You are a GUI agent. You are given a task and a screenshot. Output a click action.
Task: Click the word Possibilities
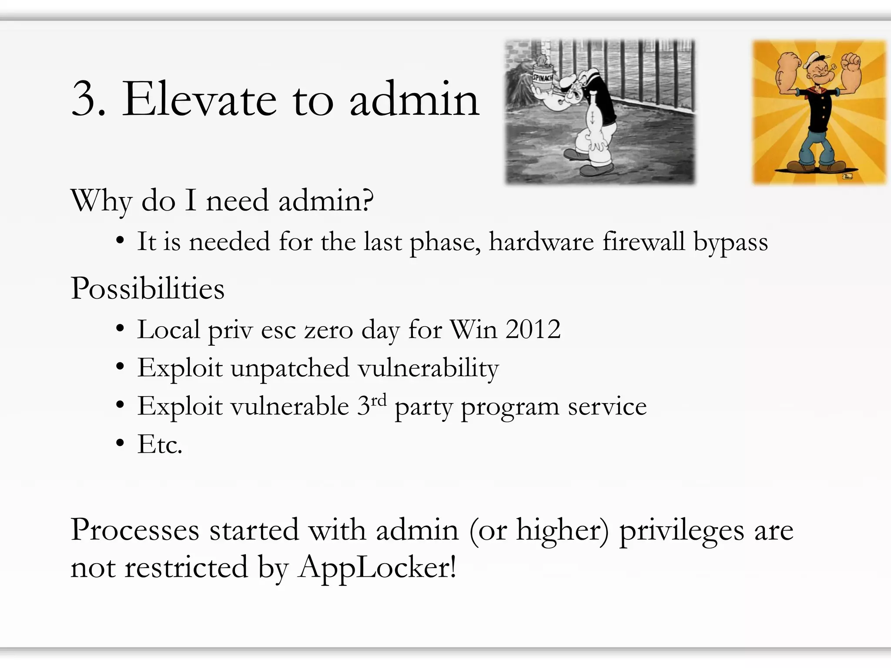click(147, 288)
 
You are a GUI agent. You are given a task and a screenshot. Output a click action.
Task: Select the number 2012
click(533, 329)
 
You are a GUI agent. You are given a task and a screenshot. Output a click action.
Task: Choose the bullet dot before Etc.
click(121, 444)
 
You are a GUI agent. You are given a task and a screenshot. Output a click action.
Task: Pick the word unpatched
click(290, 368)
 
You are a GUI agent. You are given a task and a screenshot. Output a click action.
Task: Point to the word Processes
click(135, 530)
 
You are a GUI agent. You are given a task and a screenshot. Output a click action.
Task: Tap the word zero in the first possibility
click(328, 330)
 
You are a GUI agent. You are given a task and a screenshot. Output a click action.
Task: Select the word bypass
click(730, 242)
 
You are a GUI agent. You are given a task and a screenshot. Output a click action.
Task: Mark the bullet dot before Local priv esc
click(121, 329)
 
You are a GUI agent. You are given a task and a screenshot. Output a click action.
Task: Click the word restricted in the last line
click(186, 568)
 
